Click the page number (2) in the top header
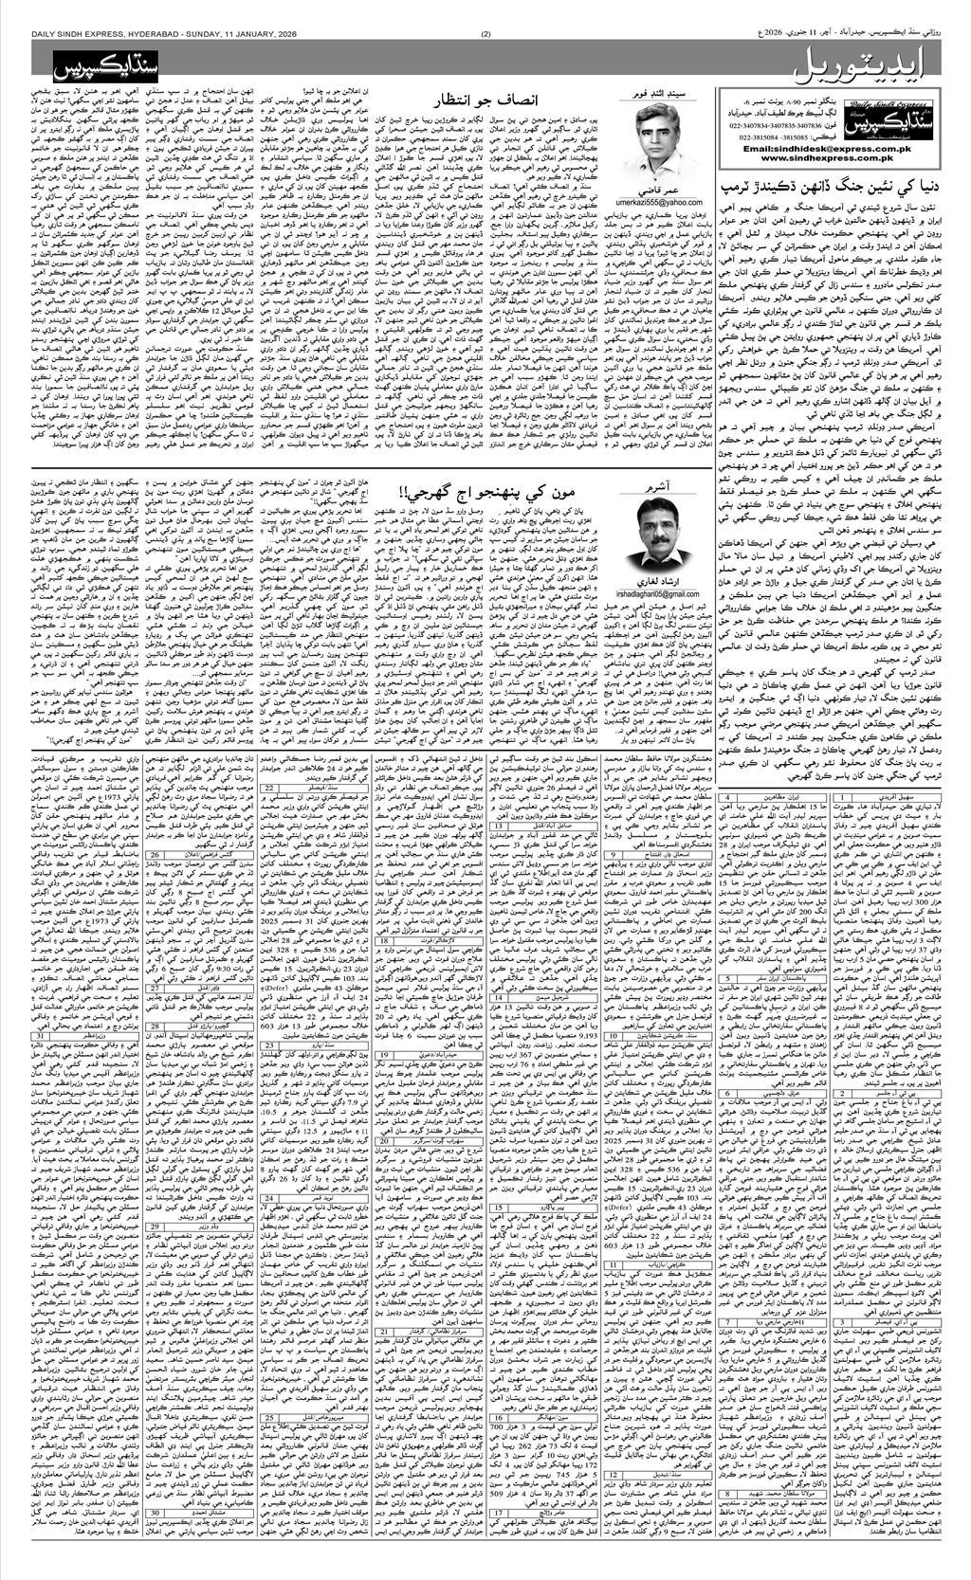[485, 9]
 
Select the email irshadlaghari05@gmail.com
[661, 588]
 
